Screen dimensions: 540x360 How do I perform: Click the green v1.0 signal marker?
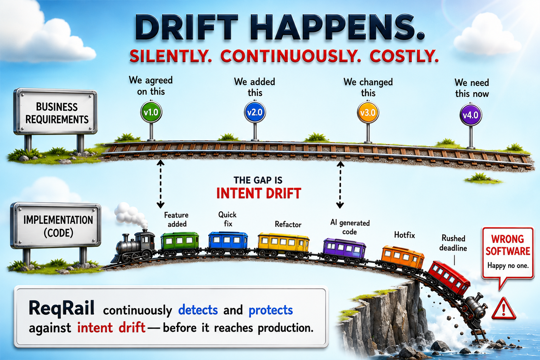pos(151,112)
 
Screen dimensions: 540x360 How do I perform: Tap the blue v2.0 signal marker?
pos(255,112)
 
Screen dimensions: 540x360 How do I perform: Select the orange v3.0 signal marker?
pos(368,112)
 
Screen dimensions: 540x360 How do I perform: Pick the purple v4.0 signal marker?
pos(471,115)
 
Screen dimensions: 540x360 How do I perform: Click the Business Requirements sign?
pos(56,111)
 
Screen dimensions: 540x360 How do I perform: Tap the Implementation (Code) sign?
pos(56,226)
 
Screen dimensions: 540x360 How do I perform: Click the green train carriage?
pos(180,244)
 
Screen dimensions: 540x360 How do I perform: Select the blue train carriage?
pos(228,243)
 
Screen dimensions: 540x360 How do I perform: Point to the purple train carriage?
pos(344,251)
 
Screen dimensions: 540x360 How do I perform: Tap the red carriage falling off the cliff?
pos(449,278)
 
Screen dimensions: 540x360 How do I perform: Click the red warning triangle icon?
pos(504,309)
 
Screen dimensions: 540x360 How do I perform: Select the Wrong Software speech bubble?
pos(508,253)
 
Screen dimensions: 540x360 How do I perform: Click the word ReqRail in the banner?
pos(62,308)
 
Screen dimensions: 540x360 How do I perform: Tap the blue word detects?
pos(198,310)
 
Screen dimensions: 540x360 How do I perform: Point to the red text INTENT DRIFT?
pos(259,193)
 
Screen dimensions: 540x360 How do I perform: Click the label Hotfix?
pos(405,235)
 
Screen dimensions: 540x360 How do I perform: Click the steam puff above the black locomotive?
pos(130,215)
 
